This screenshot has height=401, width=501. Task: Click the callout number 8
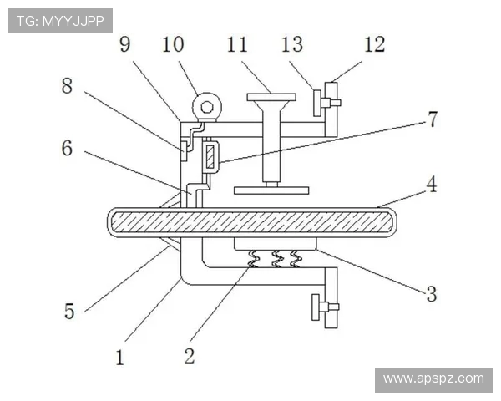(67, 86)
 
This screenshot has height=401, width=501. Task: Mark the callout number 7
(433, 119)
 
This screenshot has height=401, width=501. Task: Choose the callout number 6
(67, 148)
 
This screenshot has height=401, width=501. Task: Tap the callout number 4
(432, 184)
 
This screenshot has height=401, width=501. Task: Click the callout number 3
(432, 294)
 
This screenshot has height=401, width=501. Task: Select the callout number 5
(69, 311)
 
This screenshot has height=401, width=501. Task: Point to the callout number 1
(119, 358)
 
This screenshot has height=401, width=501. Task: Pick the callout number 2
(190, 356)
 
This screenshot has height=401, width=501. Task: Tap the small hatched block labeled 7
(210, 156)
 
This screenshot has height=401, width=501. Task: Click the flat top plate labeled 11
(271, 97)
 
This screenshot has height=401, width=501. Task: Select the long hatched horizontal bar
(252, 222)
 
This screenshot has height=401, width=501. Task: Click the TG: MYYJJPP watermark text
(60, 21)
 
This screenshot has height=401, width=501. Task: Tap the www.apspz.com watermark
(433, 379)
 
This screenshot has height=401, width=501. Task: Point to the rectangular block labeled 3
(275, 244)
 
